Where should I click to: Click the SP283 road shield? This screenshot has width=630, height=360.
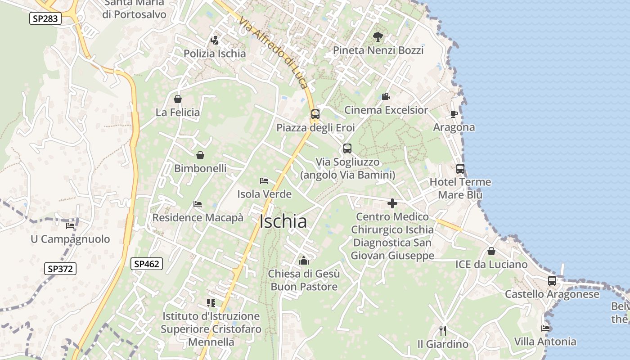[x=45, y=18]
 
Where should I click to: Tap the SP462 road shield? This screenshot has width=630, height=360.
[x=147, y=264]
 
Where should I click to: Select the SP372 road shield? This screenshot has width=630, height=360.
[x=60, y=269]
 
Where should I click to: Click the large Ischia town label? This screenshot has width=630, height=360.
[x=283, y=221]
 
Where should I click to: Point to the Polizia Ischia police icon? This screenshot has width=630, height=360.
[x=215, y=40]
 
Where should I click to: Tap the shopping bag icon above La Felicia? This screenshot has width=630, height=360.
[x=178, y=99]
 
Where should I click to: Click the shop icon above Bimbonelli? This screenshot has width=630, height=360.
[x=200, y=155]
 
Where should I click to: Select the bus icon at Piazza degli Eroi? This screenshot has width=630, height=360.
[x=315, y=114]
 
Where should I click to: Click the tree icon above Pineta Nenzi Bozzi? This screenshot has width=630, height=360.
[x=378, y=37]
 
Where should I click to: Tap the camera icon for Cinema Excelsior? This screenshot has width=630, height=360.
[x=386, y=96]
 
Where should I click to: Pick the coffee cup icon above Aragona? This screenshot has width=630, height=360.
[x=454, y=114]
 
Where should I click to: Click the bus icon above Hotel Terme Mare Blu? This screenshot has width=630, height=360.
[x=460, y=169]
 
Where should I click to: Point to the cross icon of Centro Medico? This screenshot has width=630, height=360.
[x=392, y=203]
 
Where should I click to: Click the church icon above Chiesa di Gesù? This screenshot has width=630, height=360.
[x=304, y=260]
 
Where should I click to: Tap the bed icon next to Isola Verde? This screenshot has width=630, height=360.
[x=264, y=181]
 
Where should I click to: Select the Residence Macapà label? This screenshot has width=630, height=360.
[x=198, y=218]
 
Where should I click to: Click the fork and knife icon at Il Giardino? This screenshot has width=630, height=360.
[x=442, y=331]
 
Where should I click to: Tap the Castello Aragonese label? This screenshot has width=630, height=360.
[x=552, y=294]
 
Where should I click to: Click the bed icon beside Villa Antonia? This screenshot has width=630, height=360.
[x=545, y=328]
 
